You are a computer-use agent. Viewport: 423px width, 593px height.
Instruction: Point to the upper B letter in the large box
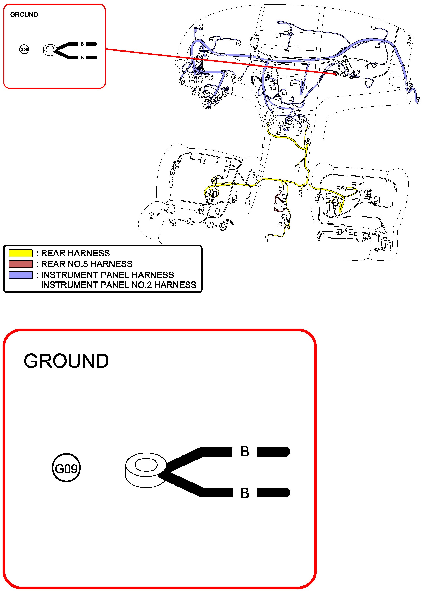point(245,451)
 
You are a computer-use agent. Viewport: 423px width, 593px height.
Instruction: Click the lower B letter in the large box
point(245,493)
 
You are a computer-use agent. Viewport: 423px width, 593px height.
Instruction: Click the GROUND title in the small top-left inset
point(24,15)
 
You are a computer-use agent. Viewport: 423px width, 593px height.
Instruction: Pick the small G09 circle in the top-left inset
point(24,49)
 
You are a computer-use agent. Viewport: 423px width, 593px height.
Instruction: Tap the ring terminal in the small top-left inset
point(50,50)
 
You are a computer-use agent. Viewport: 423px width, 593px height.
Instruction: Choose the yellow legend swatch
point(21,253)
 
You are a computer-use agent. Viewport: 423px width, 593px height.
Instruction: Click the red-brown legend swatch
point(21,264)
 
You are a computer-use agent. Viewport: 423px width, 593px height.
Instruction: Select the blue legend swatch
point(21,275)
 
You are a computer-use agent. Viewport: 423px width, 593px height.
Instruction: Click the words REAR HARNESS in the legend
point(75,253)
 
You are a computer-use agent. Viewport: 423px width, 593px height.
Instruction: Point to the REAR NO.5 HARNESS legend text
point(87,264)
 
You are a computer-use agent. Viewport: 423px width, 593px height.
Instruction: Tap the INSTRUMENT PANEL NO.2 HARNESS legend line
point(119,285)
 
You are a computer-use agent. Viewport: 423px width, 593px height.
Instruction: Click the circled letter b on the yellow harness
point(308,141)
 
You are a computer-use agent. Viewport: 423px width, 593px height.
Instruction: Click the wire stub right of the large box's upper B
point(273,452)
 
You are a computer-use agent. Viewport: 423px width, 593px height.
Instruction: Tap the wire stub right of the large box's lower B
point(273,493)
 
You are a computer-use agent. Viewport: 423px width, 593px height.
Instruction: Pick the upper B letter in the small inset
point(82,44)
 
